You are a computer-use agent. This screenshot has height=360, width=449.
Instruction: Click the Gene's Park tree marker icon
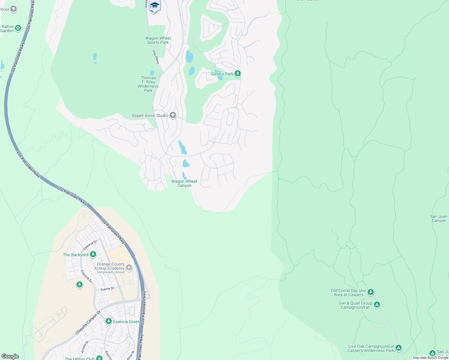[x=237, y=73]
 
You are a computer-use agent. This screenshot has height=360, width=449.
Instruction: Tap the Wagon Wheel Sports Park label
[x=158, y=40]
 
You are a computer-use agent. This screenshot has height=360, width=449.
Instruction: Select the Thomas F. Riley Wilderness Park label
[x=148, y=84]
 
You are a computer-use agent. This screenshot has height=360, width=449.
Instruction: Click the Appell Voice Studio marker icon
[x=173, y=115]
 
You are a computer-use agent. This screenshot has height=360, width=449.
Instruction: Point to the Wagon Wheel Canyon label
[x=184, y=183]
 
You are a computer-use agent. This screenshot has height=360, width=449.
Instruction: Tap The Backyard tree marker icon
[x=93, y=254]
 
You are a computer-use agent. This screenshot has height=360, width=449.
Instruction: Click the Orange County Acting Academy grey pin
[x=129, y=267]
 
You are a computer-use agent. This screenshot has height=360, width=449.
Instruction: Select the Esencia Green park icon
[x=109, y=321]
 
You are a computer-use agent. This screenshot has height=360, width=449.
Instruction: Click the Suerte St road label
[x=107, y=289]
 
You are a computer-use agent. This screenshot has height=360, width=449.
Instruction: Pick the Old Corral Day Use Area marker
[x=371, y=292]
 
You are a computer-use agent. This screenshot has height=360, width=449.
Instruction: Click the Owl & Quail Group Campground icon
[x=377, y=305]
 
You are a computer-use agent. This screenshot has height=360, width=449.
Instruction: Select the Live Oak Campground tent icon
[x=398, y=348]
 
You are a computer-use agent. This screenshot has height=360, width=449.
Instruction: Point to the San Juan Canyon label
[x=438, y=218]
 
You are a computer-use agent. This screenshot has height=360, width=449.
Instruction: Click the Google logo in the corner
[x=10, y=356]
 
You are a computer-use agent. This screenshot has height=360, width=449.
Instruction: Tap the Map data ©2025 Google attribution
[x=430, y=358]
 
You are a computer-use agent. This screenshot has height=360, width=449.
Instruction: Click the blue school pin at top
[x=155, y=6]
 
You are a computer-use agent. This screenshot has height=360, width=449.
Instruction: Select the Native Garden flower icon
[x=18, y=28]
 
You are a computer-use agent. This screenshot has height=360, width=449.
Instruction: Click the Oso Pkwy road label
[x=156, y=57]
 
